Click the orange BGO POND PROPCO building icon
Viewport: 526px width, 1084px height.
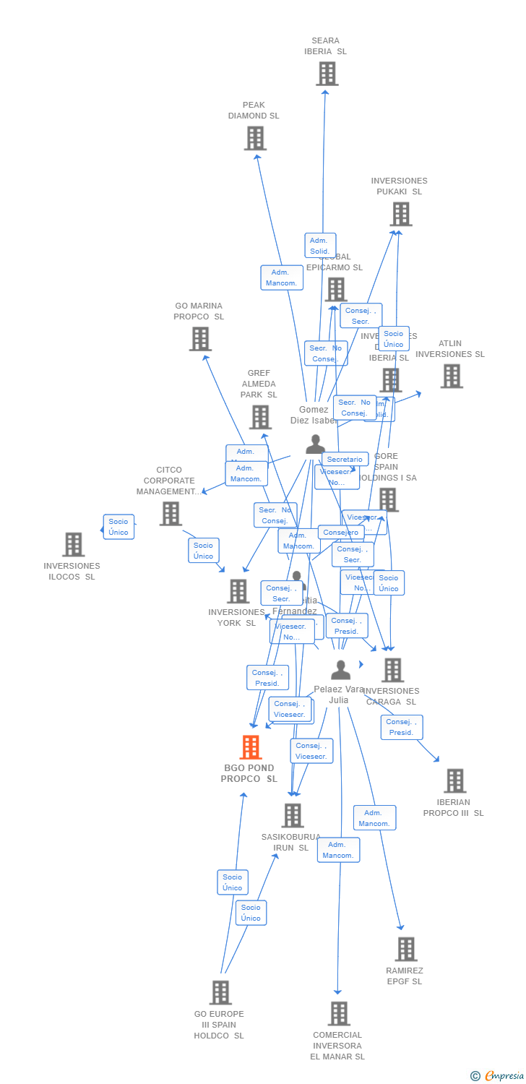251,747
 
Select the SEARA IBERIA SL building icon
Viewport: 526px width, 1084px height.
327,74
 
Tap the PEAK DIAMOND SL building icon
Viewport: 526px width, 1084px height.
255,138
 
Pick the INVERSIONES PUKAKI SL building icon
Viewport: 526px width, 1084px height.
401,214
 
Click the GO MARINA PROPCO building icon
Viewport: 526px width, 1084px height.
200,339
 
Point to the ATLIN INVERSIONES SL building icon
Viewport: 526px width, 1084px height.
452,376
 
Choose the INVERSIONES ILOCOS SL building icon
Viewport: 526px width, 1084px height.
73,544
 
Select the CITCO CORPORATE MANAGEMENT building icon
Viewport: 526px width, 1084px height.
171,513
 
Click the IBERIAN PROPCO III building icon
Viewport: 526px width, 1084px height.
454,780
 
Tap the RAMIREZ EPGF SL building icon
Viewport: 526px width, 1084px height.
406,949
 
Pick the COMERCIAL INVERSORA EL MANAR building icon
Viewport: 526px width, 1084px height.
339,1013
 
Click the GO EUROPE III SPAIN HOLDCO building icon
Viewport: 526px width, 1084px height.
220,992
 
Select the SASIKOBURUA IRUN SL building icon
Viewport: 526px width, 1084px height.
292,815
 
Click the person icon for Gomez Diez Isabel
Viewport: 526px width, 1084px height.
315,444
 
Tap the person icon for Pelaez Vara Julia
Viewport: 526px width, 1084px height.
340,670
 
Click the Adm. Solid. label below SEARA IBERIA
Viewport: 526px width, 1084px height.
320,246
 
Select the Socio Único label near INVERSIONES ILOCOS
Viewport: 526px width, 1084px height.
118,527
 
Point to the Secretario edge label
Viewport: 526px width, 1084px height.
345,460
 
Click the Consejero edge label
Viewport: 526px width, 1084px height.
341,533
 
